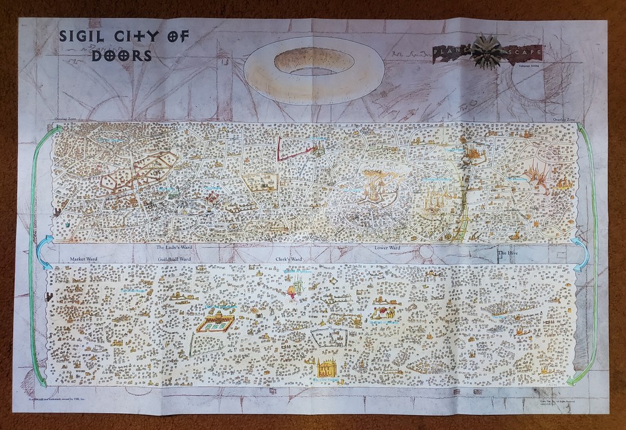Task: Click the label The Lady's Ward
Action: (173, 248)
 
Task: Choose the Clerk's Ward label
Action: (289, 257)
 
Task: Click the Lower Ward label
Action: (387, 248)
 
